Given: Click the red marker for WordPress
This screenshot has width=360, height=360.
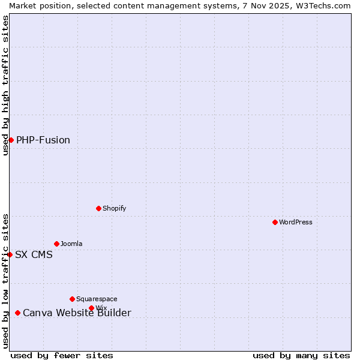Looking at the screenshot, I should [x=275, y=222].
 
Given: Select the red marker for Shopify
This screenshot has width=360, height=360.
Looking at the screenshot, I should [x=98, y=208].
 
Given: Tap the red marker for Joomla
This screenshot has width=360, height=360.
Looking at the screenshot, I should [x=56, y=244].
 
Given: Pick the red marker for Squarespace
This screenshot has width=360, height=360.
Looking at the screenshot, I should [x=72, y=299].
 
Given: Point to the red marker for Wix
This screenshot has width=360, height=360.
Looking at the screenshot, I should [x=91, y=308].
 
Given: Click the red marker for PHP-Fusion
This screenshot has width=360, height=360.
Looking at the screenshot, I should [x=11, y=140].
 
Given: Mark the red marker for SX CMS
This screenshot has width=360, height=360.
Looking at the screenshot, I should [x=10, y=254].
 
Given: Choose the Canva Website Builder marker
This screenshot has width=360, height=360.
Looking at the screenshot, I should [x=17, y=313].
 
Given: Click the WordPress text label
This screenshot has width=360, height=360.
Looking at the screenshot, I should [x=296, y=222].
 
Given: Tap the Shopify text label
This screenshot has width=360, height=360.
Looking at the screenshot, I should [x=114, y=208].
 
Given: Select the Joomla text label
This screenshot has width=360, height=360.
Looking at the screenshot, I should [x=71, y=244].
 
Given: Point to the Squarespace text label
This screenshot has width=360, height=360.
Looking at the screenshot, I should [x=97, y=299].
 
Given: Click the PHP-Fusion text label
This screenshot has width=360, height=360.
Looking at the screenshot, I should [x=43, y=140].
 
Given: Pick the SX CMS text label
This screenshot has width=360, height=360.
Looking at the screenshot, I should [x=34, y=255].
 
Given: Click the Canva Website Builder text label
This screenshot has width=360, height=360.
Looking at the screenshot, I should [x=77, y=313].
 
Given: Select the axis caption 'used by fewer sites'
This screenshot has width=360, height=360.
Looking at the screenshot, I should [x=62, y=355].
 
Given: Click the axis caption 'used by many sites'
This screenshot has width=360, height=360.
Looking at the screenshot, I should [x=301, y=355].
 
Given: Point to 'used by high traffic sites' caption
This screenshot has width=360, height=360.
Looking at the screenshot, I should [x=5, y=85].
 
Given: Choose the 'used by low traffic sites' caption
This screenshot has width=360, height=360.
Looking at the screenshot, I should [x=5, y=281].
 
